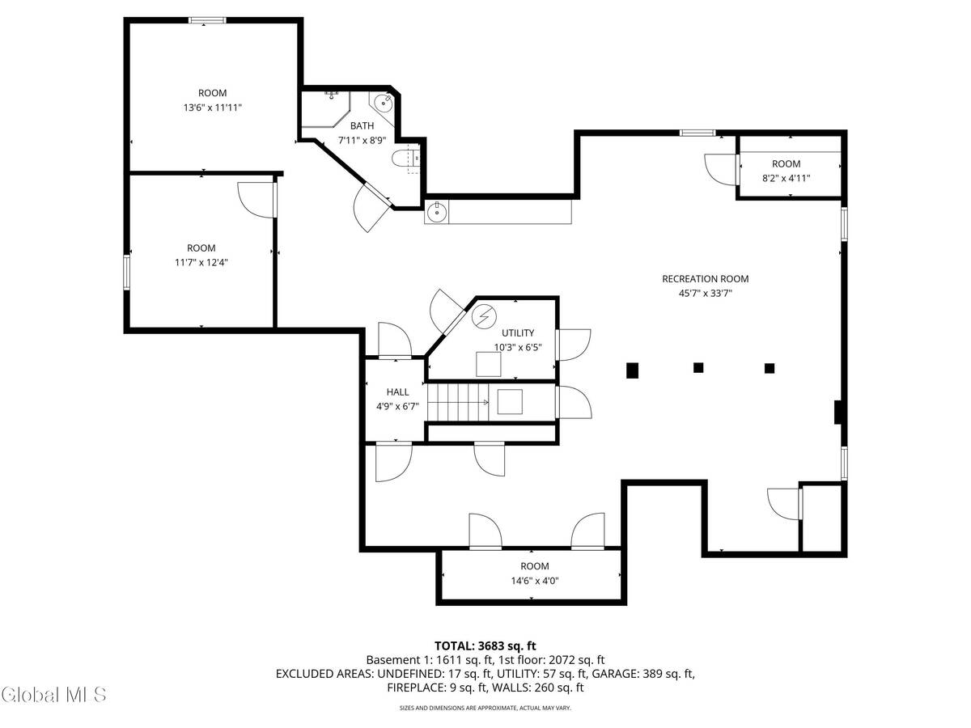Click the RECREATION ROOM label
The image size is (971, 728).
(705, 279)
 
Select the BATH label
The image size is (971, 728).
(362, 125)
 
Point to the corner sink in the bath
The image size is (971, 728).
(383, 103)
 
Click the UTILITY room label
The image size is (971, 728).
(517, 332)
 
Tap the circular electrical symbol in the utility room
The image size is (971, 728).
(483, 316)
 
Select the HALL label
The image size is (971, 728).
(397, 392)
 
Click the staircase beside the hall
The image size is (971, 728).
(458, 402)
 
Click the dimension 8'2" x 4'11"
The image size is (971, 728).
(786, 179)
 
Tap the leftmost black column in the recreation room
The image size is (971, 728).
(633, 370)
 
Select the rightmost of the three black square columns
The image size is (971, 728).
(770, 368)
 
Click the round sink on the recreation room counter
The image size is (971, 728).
(437, 213)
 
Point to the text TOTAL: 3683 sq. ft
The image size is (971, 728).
(485, 645)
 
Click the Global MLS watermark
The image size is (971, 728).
(55, 694)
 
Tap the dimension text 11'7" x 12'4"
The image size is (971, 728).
(201, 262)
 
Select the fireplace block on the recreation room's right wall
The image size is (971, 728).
(838, 413)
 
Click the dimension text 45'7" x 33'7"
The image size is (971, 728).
(705, 294)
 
